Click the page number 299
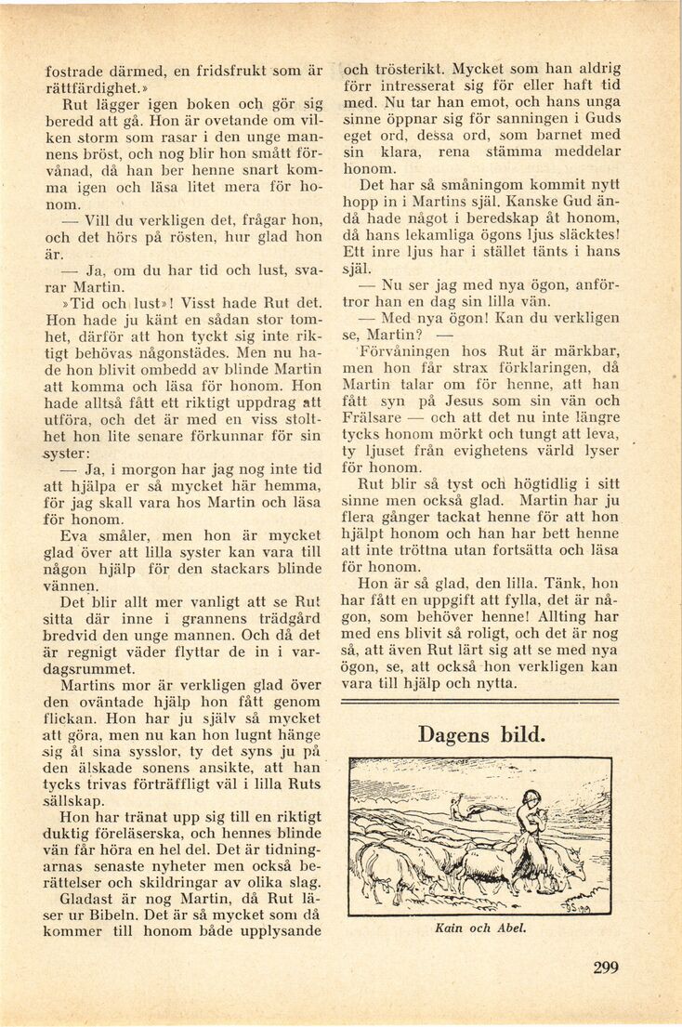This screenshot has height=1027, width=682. pyautogui.click(x=605, y=968)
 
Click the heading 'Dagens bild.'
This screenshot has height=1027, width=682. pyautogui.click(x=480, y=734)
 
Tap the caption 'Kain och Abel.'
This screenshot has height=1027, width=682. pyautogui.click(x=480, y=928)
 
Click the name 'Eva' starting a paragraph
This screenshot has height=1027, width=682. pyautogui.click(x=75, y=535)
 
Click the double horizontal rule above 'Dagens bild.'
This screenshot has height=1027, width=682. pyautogui.click(x=480, y=702)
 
